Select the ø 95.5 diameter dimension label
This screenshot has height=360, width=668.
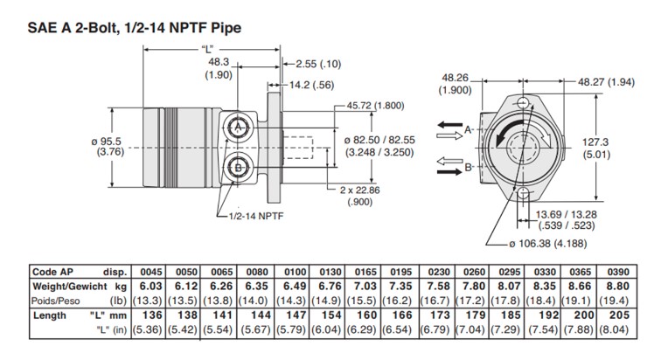click(110, 145)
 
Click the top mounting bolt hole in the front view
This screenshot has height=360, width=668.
click(523, 104)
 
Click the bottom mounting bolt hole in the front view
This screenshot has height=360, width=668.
click(523, 194)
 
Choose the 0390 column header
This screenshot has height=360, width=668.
click(641, 271)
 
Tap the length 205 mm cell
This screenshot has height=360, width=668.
click(643, 315)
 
